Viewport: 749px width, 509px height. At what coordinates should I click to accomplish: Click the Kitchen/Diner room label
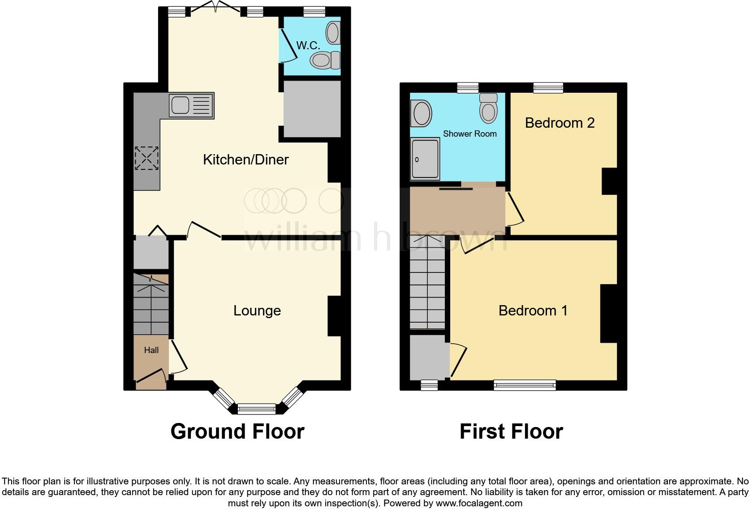tap(245, 160)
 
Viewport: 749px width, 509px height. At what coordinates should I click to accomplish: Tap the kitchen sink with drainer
tap(191, 105)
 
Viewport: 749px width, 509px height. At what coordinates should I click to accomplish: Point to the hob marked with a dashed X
tap(146, 158)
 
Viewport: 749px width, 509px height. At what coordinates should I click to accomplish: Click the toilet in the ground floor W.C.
tap(325, 60)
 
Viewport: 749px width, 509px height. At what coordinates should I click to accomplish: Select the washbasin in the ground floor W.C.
tap(333, 33)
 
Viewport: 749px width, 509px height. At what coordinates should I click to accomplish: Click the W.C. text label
tap(308, 45)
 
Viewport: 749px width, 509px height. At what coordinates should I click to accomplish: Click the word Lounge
tap(257, 311)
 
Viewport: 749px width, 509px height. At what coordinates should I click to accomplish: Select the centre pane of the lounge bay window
tap(257, 408)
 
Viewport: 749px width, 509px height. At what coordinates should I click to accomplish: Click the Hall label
tap(151, 350)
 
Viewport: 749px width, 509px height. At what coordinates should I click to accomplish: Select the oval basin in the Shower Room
tap(422, 113)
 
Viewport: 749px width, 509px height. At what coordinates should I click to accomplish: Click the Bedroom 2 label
tap(560, 123)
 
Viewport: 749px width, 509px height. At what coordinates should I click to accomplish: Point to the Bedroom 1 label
tap(533, 311)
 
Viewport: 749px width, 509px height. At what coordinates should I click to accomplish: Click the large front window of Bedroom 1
tap(525, 384)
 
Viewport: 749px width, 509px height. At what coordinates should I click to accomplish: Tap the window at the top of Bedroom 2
tap(548, 87)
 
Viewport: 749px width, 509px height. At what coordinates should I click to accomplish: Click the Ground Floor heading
tap(237, 431)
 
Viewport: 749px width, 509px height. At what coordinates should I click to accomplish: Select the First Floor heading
tap(511, 431)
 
